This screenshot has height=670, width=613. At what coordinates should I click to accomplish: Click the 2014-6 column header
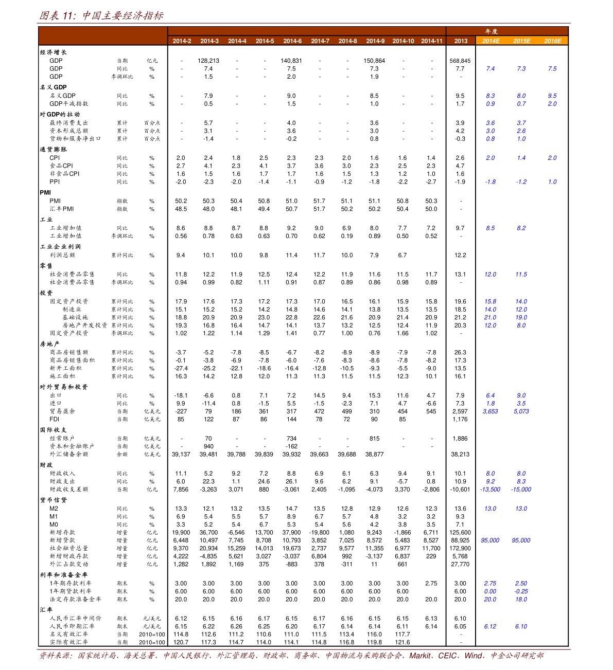coord(292,41)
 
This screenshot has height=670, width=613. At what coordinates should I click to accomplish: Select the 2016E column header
coord(552,41)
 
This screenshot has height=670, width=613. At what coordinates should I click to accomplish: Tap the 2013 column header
coord(461,41)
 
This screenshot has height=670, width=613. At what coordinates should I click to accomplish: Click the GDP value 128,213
coord(208,61)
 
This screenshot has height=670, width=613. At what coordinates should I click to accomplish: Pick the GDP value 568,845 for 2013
coord(460,61)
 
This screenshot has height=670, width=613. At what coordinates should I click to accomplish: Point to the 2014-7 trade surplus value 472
coord(319,411)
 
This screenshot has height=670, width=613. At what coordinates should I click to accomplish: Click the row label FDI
coord(54,420)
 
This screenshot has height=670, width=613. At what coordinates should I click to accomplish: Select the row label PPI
coord(55,182)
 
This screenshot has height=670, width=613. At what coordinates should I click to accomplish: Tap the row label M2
coord(54,509)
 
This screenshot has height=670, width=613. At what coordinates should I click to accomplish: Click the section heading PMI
coord(45,193)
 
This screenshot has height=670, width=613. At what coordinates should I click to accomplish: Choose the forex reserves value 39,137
coord(181,455)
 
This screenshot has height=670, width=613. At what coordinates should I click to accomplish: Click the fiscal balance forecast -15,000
coord(521,490)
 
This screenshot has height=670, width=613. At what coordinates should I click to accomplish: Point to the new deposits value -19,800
coord(319,533)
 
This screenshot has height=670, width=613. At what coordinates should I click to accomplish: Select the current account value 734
coord(291,439)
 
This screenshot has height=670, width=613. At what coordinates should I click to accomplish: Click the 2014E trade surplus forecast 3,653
coord(490,411)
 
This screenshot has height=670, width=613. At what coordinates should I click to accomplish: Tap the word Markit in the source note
coord(419,656)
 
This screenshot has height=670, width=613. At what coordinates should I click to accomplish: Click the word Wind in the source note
coord(473,656)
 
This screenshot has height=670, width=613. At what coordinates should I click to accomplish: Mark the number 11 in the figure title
coord(68,16)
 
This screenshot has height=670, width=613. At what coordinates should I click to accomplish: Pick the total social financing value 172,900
coord(460,549)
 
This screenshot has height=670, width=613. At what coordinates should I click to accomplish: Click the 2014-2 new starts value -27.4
coord(181,368)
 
